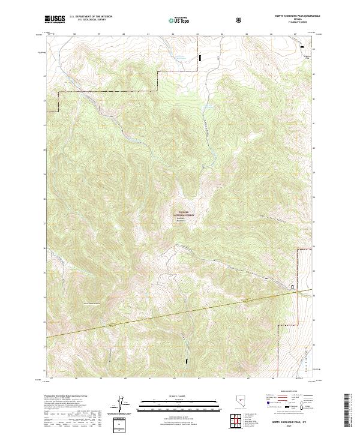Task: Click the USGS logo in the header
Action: (x=55, y=19)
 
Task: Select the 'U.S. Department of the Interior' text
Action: (x=91, y=16)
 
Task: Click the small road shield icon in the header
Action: (x=239, y=20)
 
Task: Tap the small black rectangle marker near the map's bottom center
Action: (x=186, y=362)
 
